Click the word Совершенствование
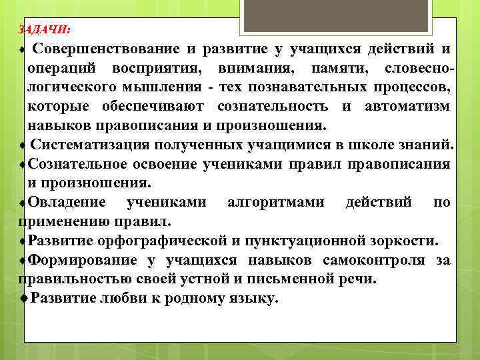pos(105,49)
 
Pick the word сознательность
pos(272,107)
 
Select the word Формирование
pos(83,260)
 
